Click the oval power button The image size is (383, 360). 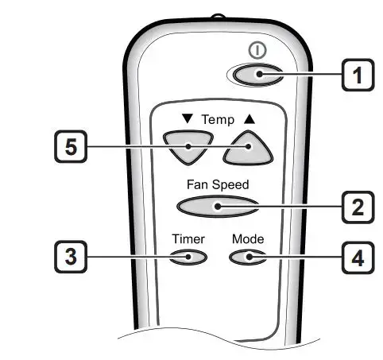click(x=257, y=75)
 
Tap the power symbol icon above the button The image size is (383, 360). click(x=257, y=50)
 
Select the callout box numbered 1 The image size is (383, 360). click(x=358, y=75)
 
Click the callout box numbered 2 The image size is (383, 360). click(x=358, y=207)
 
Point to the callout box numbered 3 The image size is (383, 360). click(x=71, y=257)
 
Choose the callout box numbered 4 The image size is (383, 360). click(x=358, y=257)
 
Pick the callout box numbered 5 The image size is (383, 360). click(x=71, y=146)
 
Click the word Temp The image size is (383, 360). click(x=218, y=120)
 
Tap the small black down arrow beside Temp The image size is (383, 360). click(x=188, y=118)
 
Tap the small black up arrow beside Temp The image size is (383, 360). click(x=250, y=119)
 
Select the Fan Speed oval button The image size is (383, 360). click(x=218, y=207)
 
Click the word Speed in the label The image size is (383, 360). click(x=230, y=185)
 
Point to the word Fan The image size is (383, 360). click(x=198, y=184)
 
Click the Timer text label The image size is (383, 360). click(x=188, y=239)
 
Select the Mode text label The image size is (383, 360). click(x=248, y=239)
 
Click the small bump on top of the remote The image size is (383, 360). click(x=218, y=17)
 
